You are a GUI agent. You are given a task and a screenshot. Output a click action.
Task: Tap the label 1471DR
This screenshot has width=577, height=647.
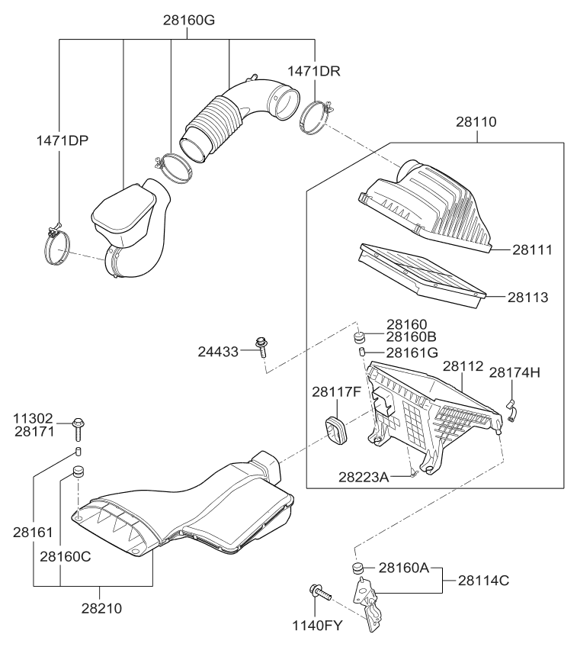tap(313, 71)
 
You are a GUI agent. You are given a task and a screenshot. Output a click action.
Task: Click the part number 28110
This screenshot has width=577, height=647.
tap(476, 121)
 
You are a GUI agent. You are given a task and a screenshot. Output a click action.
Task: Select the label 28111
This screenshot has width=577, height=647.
tap(531, 249)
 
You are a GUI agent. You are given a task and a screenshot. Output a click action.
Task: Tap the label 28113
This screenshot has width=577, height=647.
tap(531, 296)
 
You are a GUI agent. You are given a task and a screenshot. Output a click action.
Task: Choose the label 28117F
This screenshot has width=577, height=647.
tap(336, 392)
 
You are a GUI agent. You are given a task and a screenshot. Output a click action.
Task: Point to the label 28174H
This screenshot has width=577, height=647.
tap(514, 372)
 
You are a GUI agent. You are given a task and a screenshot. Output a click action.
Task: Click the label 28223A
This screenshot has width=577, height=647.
tap(363, 477)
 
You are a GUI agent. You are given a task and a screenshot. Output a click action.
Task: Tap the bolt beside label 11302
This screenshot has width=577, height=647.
tap(78, 428)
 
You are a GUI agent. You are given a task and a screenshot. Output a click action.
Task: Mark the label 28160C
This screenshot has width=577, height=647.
tap(66, 556)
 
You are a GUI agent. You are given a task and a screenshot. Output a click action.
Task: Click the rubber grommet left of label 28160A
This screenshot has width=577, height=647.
tap(357, 568)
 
